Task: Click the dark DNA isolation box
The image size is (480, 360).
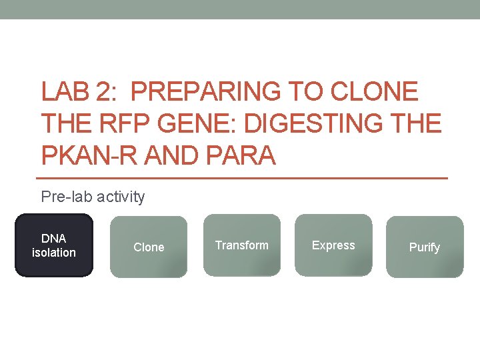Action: tap(54, 245)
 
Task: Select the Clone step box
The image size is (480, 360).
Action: tap(149, 247)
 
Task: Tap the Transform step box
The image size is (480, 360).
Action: tap(241, 245)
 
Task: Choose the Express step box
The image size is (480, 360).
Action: tap(333, 245)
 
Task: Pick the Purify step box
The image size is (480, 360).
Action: tap(424, 247)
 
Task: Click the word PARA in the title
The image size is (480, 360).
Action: tap(241, 156)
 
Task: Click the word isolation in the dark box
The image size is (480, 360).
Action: tap(54, 253)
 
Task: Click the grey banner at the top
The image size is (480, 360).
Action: tap(240, 9)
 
